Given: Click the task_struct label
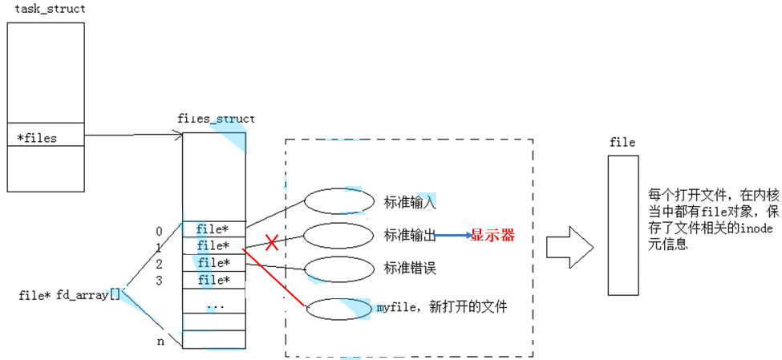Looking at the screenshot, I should tap(50, 9).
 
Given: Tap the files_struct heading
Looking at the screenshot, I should tap(216, 119).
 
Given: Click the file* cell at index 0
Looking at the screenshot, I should tap(214, 229).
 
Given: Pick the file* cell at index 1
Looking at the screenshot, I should tap(214, 245).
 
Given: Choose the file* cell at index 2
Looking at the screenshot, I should tap(214, 263).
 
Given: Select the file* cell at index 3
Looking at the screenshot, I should tap(214, 280).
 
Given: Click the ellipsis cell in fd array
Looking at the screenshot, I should tap(214, 305).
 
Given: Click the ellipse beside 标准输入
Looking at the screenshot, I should tap(338, 201).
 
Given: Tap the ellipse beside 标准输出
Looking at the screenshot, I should tap(338, 235).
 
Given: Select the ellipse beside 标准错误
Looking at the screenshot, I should tap(338, 269).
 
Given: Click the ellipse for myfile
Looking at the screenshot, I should tap(338, 309).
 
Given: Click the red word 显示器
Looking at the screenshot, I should tap(492, 236).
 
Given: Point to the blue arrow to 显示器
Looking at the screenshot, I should tap(452, 236).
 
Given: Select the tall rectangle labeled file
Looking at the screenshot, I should tap(623, 225).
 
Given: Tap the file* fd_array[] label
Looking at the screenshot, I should tap(69, 295).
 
